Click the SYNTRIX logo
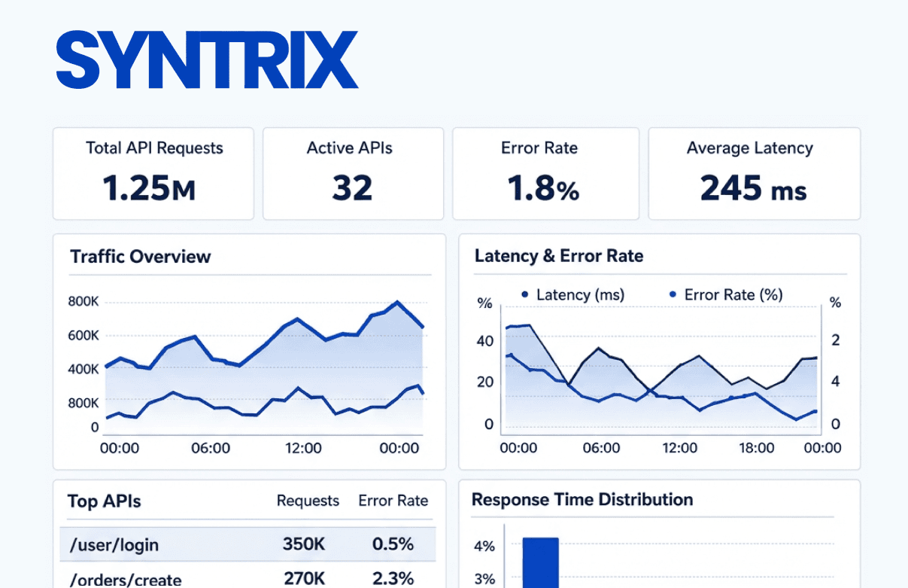pyautogui.click(x=207, y=60)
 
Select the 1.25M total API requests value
pyautogui.click(x=149, y=189)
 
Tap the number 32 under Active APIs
pyautogui.click(x=352, y=188)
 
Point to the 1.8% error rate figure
pyautogui.click(x=543, y=189)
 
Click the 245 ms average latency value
pyautogui.click(x=752, y=189)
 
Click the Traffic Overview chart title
pyautogui.click(x=141, y=257)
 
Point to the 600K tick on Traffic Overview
pyautogui.click(x=84, y=335)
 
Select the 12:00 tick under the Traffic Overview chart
pyautogui.click(x=303, y=449)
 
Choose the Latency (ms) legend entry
pyautogui.click(x=573, y=295)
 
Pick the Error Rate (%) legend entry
pyautogui.click(x=726, y=295)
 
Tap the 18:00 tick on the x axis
pyautogui.click(x=756, y=449)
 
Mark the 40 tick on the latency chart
pyautogui.click(x=485, y=341)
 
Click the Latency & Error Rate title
pyautogui.click(x=559, y=256)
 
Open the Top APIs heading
pyautogui.click(x=104, y=501)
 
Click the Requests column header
pyautogui.click(x=308, y=501)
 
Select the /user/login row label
pyautogui.click(x=114, y=544)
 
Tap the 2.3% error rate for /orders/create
pyautogui.click(x=393, y=578)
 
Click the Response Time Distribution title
pyautogui.click(x=582, y=500)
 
